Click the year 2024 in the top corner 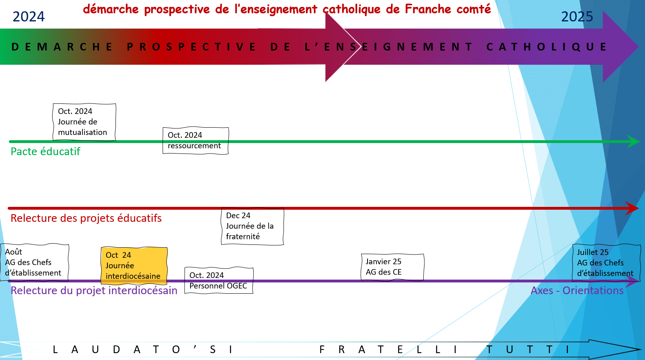click(x=29, y=17)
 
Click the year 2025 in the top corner click(x=577, y=17)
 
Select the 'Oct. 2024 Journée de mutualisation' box click(x=84, y=122)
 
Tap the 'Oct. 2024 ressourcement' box click(x=196, y=141)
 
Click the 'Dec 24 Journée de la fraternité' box click(x=252, y=226)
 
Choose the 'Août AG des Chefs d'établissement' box click(x=34, y=262)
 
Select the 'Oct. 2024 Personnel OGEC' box click(x=219, y=280)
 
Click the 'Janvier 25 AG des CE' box click(x=393, y=267)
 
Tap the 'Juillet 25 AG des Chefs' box click(x=606, y=263)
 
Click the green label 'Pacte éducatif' click(x=46, y=152)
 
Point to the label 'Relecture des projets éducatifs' click(x=86, y=218)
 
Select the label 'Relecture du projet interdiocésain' click(x=94, y=291)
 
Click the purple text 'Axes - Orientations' click(x=577, y=291)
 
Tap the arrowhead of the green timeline click(x=633, y=141)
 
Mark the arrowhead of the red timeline click(x=632, y=208)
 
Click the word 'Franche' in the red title click(x=428, y=9)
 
